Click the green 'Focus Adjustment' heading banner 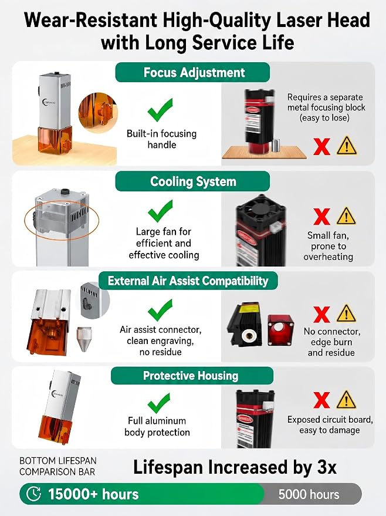(x=192, y=72)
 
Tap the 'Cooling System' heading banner (x=192, y=181)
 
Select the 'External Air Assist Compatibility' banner (x=188, y=281)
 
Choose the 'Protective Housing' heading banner (x=192, y=376)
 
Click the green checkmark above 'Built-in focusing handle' (x=160, y=110)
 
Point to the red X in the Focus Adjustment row (x=321, y=146)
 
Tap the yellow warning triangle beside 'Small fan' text (x=346, y=216)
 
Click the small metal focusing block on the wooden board (x=276, y=146)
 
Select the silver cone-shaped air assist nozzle (x=84, y=339)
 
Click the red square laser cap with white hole (x=280, y=330)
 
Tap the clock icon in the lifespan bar (x=33, y=494)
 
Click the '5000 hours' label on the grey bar (x=309, y=494)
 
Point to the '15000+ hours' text (x=93, y=494)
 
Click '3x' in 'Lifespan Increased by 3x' (x=325, y=467)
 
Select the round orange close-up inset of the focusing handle (x=97, y=112)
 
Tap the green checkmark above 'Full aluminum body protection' (x=159, y=403)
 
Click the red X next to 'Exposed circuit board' (x=322, y=400)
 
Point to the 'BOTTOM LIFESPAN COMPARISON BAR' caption (x=58, y=466)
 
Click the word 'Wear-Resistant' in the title (x=90, y=20)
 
